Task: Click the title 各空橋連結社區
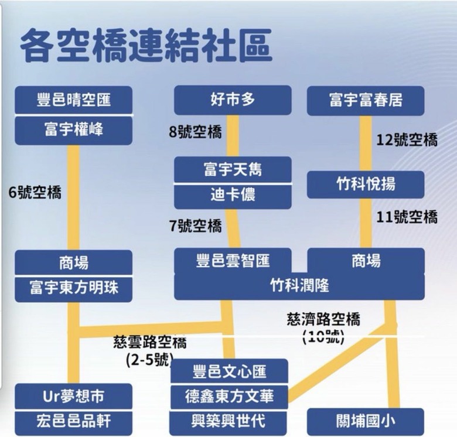[x=146, y=45]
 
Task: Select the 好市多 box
[x=233, y=100]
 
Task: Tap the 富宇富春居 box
[x=366, y=101]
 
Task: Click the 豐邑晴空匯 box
[x=73, y=100]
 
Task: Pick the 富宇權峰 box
[x=73, y=131]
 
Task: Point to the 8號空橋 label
[x=195, y=132]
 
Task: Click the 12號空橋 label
[x=407, y=139]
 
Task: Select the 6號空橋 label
[x=35, y=192]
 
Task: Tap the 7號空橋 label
[x=195, y=226]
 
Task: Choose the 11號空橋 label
[x=407, y=217]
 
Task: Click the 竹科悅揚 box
[x=366, y=185]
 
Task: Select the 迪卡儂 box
[x=233, y=197]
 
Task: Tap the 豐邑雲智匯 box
[x=233, y=261]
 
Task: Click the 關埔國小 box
[x=366, y=421]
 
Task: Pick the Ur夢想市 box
[x=73, y=396]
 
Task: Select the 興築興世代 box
[x=228, y=422]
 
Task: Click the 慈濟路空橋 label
[x=323, y=319]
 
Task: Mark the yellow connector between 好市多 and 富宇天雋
[x=233, y=136]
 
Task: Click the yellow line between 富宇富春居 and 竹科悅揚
[x=366, y=144]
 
